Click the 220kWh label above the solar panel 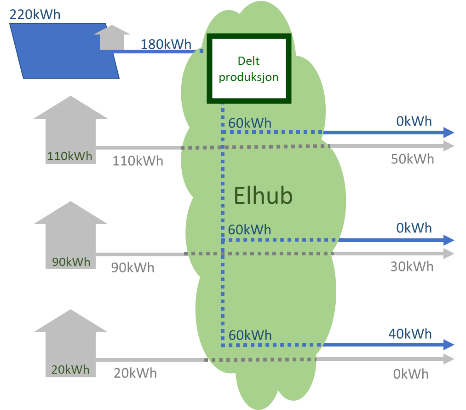point(35,14)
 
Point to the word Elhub point(263,196)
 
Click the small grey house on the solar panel point(112,38)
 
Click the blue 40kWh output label point(410,334)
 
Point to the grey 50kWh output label point(412,159)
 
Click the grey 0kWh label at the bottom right point(411,374)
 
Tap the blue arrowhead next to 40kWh point(449,345)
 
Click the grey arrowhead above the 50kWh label point(449,146)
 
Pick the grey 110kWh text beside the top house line point(138,161)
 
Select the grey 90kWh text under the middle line point(132,267)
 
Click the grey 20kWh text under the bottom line point(135,373)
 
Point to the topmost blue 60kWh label point(250,123)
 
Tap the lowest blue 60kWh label point(250,335)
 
